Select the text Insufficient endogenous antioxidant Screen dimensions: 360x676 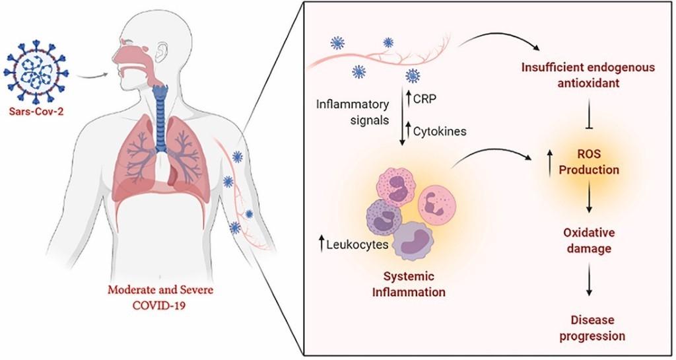click(588, 75)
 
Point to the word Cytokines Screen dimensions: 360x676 click(440, 131)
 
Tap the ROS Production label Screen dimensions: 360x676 click(589, 162)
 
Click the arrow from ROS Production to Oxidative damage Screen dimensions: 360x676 click(589, 198)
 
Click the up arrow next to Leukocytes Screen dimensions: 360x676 click(321, 245)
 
